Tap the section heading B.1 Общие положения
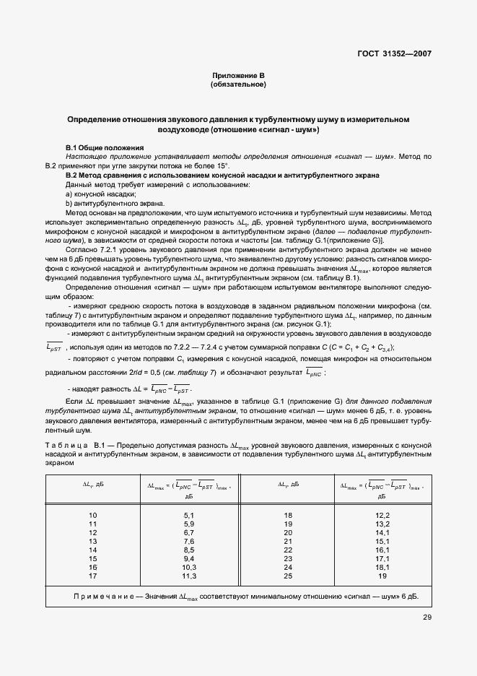click(x=105, y=147)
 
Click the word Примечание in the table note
click(x=105, y=597)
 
